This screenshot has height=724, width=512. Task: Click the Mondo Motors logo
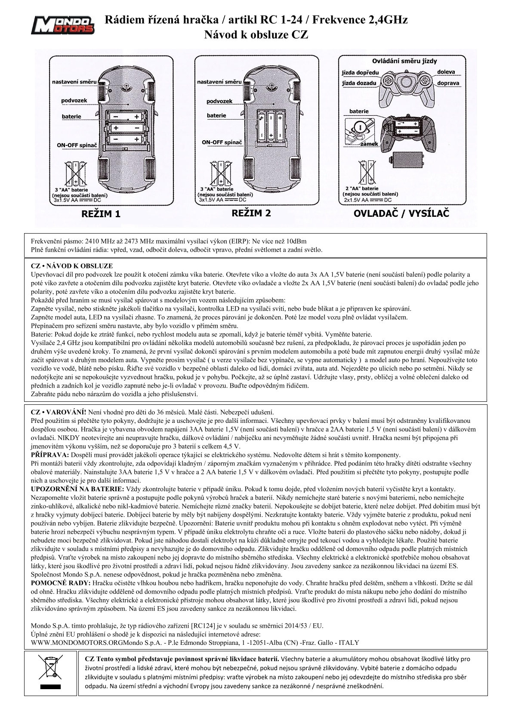(x=65, y=25)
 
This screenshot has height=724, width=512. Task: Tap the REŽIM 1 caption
(x=101, y=214)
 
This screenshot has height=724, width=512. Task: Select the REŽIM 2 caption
(x=251, y=213)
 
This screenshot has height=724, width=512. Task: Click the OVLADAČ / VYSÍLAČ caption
(x=401, y=213)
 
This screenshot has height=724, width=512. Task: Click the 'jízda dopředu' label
(x=361, y=73)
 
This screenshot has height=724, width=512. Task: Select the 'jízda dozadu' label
(x=359, y=83)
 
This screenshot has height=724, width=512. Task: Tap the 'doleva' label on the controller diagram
(x=446, y=72)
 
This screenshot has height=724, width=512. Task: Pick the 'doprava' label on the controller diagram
(x=448, y=83)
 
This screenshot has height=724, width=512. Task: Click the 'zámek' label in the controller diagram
(x=370, y=144)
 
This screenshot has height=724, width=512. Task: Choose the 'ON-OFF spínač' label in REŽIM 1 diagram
(x=77, y=145)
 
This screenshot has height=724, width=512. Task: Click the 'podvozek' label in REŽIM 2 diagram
(x=219, y=101)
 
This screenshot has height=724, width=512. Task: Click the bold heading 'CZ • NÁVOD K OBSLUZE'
(x=72, y=266)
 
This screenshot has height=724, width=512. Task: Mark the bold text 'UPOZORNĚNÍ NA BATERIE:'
(x=77, y=489)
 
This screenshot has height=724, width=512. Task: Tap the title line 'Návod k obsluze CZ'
(x=256, y=35)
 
